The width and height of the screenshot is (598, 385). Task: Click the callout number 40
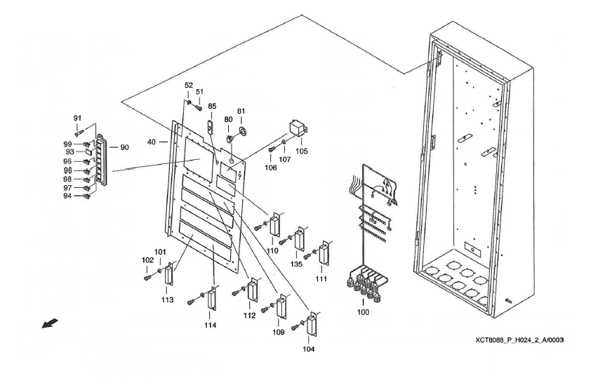[x=152, y=141]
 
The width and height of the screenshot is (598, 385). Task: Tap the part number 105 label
[x=302, y=150]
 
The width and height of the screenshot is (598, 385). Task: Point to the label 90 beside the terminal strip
[x=124, y=147]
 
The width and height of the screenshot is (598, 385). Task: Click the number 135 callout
[x=298, y=264]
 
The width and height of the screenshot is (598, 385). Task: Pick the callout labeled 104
[x=309, y=349]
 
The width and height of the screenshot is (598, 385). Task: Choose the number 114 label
[x=211, y=325]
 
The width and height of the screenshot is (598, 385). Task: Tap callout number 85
[x=212, y=106]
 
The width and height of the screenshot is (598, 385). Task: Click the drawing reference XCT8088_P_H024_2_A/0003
[x=519, y=339]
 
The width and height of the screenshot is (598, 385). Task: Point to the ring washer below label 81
[x=242, y=131]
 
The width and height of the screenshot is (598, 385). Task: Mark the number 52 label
[x=188, y=85]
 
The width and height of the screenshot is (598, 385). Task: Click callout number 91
[x=78, y=118]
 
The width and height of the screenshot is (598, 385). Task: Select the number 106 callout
[x=271, y=167]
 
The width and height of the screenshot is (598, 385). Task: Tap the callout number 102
[x=148, y=260]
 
